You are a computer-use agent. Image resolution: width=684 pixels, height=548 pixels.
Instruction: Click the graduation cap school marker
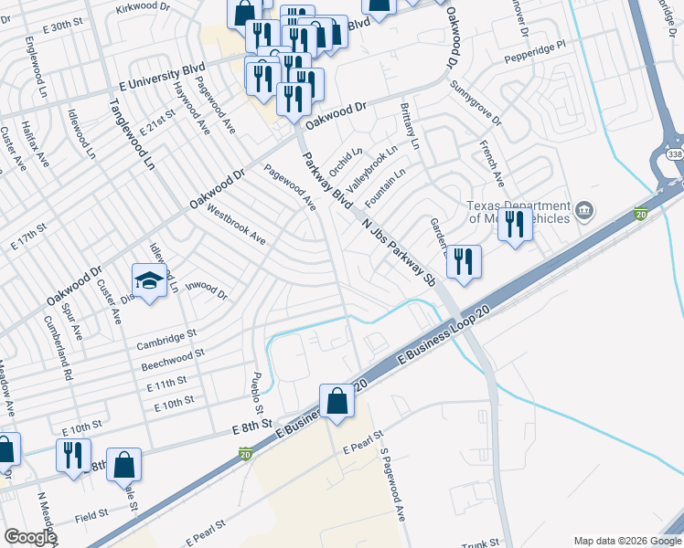[x=150, y=279]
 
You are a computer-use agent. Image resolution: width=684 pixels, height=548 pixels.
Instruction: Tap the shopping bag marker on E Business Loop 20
[x=337, y=401]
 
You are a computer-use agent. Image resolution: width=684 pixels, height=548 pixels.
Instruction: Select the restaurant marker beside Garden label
[x=464, y=263]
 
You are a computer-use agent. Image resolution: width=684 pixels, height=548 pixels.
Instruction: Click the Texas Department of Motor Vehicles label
[x=518, y=212]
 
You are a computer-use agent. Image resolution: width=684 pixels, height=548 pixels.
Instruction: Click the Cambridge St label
[x=166, y=340]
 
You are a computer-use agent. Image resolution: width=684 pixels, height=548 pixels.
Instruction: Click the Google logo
[x=30, y=537]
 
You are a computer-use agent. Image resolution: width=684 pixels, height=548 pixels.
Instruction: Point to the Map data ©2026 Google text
[x=626, y=541]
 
